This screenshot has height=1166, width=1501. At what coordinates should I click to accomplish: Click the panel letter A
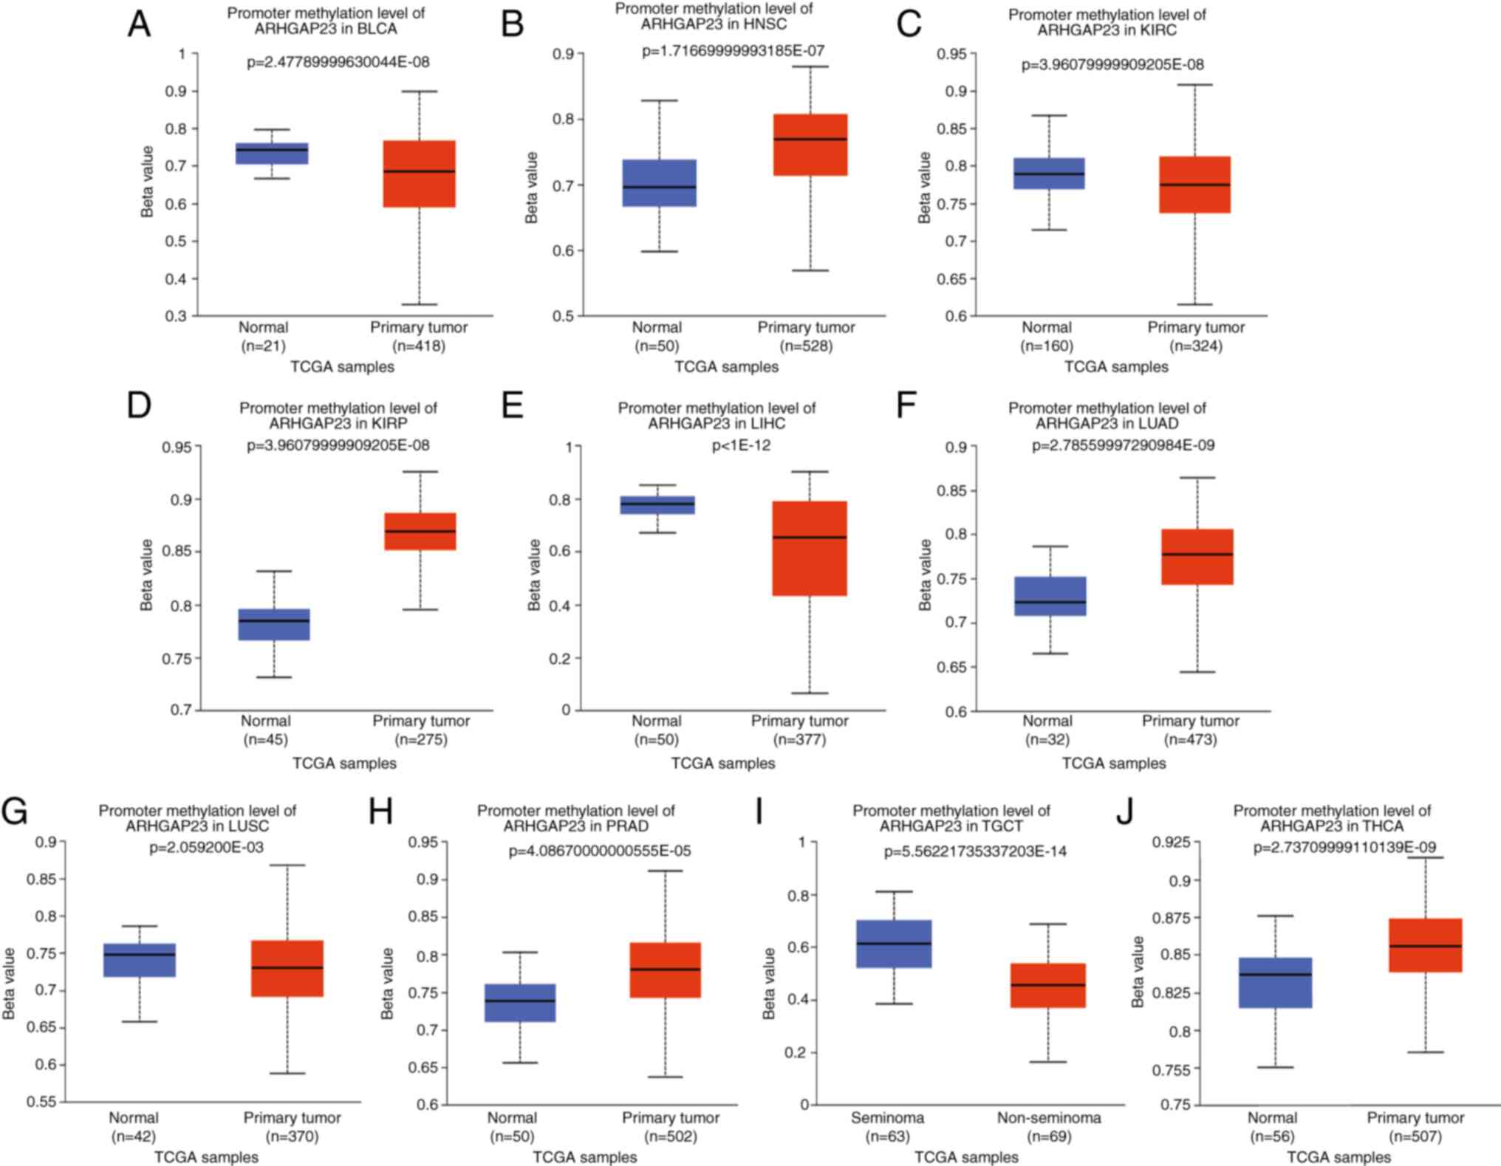pos(139,24)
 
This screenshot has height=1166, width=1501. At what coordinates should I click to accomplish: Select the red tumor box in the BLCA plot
pos(419,174)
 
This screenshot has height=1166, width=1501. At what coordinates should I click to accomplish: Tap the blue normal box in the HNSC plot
pos(660,182)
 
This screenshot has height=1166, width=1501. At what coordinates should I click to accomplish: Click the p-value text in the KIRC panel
pos(1112,65)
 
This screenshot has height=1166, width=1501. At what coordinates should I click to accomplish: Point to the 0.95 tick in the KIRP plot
pos(177,447)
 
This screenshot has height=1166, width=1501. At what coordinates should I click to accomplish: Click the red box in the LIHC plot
pos(810,548)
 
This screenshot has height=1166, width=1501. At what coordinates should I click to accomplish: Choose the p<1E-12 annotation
pos(741,445)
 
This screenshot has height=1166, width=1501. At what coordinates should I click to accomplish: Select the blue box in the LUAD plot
pos(1050,596)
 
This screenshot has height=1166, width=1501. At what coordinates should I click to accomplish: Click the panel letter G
pos(15,812)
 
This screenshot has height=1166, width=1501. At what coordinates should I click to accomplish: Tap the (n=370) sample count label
pos(293,1136)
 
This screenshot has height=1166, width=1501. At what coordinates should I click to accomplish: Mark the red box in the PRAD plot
pos(665,970)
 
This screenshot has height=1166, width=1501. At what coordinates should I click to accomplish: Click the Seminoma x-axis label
pos(887,1118)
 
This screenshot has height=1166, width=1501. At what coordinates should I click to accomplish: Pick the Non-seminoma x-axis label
pos(1049,1118)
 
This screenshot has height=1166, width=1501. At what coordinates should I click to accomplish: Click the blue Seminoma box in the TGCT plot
pos(894,943)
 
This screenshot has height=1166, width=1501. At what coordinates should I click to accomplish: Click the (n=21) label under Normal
pos(264,346)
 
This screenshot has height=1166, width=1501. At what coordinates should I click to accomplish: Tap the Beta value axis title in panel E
pos(534,575)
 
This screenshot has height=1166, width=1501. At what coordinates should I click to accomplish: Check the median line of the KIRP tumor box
pos(420,531)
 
